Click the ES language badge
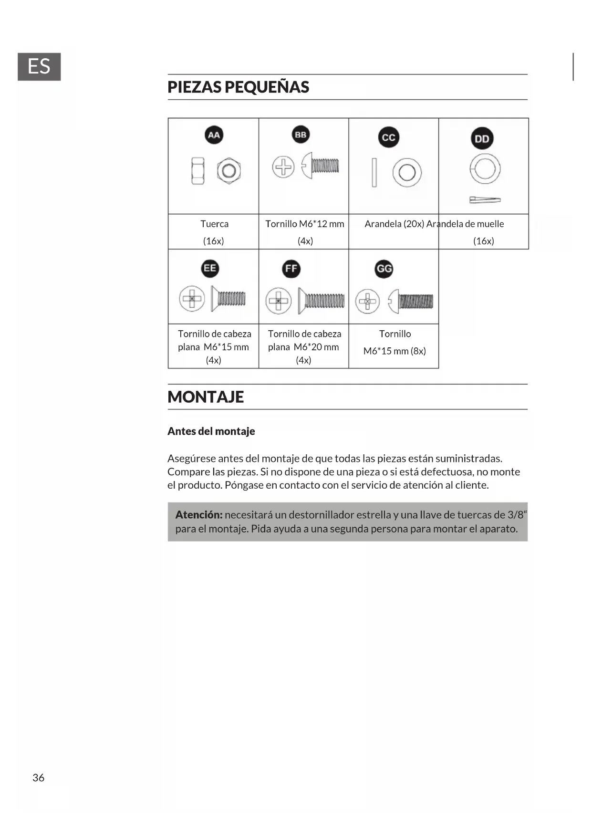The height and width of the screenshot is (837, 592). [39, 67]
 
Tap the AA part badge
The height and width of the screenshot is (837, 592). [214, 135]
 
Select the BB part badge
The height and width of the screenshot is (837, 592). [301, 135]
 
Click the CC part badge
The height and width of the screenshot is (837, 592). [388, 137]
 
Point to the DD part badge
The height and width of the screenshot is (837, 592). [482, 139]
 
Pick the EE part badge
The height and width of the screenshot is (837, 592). [210, 268]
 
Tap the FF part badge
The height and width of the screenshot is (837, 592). [291, 269]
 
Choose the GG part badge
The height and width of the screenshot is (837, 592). [384, 269]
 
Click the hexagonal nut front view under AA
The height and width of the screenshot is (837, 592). [228, 171]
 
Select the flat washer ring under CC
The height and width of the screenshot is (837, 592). [407, 172]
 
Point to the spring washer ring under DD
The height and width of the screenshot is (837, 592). [485, 169]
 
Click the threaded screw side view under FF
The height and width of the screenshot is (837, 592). [321, 301]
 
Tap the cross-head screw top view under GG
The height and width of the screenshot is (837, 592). [367, 301]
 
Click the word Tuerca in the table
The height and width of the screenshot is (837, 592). [214, 224]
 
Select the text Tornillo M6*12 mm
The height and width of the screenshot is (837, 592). [304, 224]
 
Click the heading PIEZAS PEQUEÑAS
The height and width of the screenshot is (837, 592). [238, 87]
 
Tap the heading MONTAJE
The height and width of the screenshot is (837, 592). [206, 397]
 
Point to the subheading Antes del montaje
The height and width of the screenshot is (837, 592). [211, 431]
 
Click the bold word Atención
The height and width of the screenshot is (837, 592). [199, 515]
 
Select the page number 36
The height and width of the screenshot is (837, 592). [38, 778]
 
